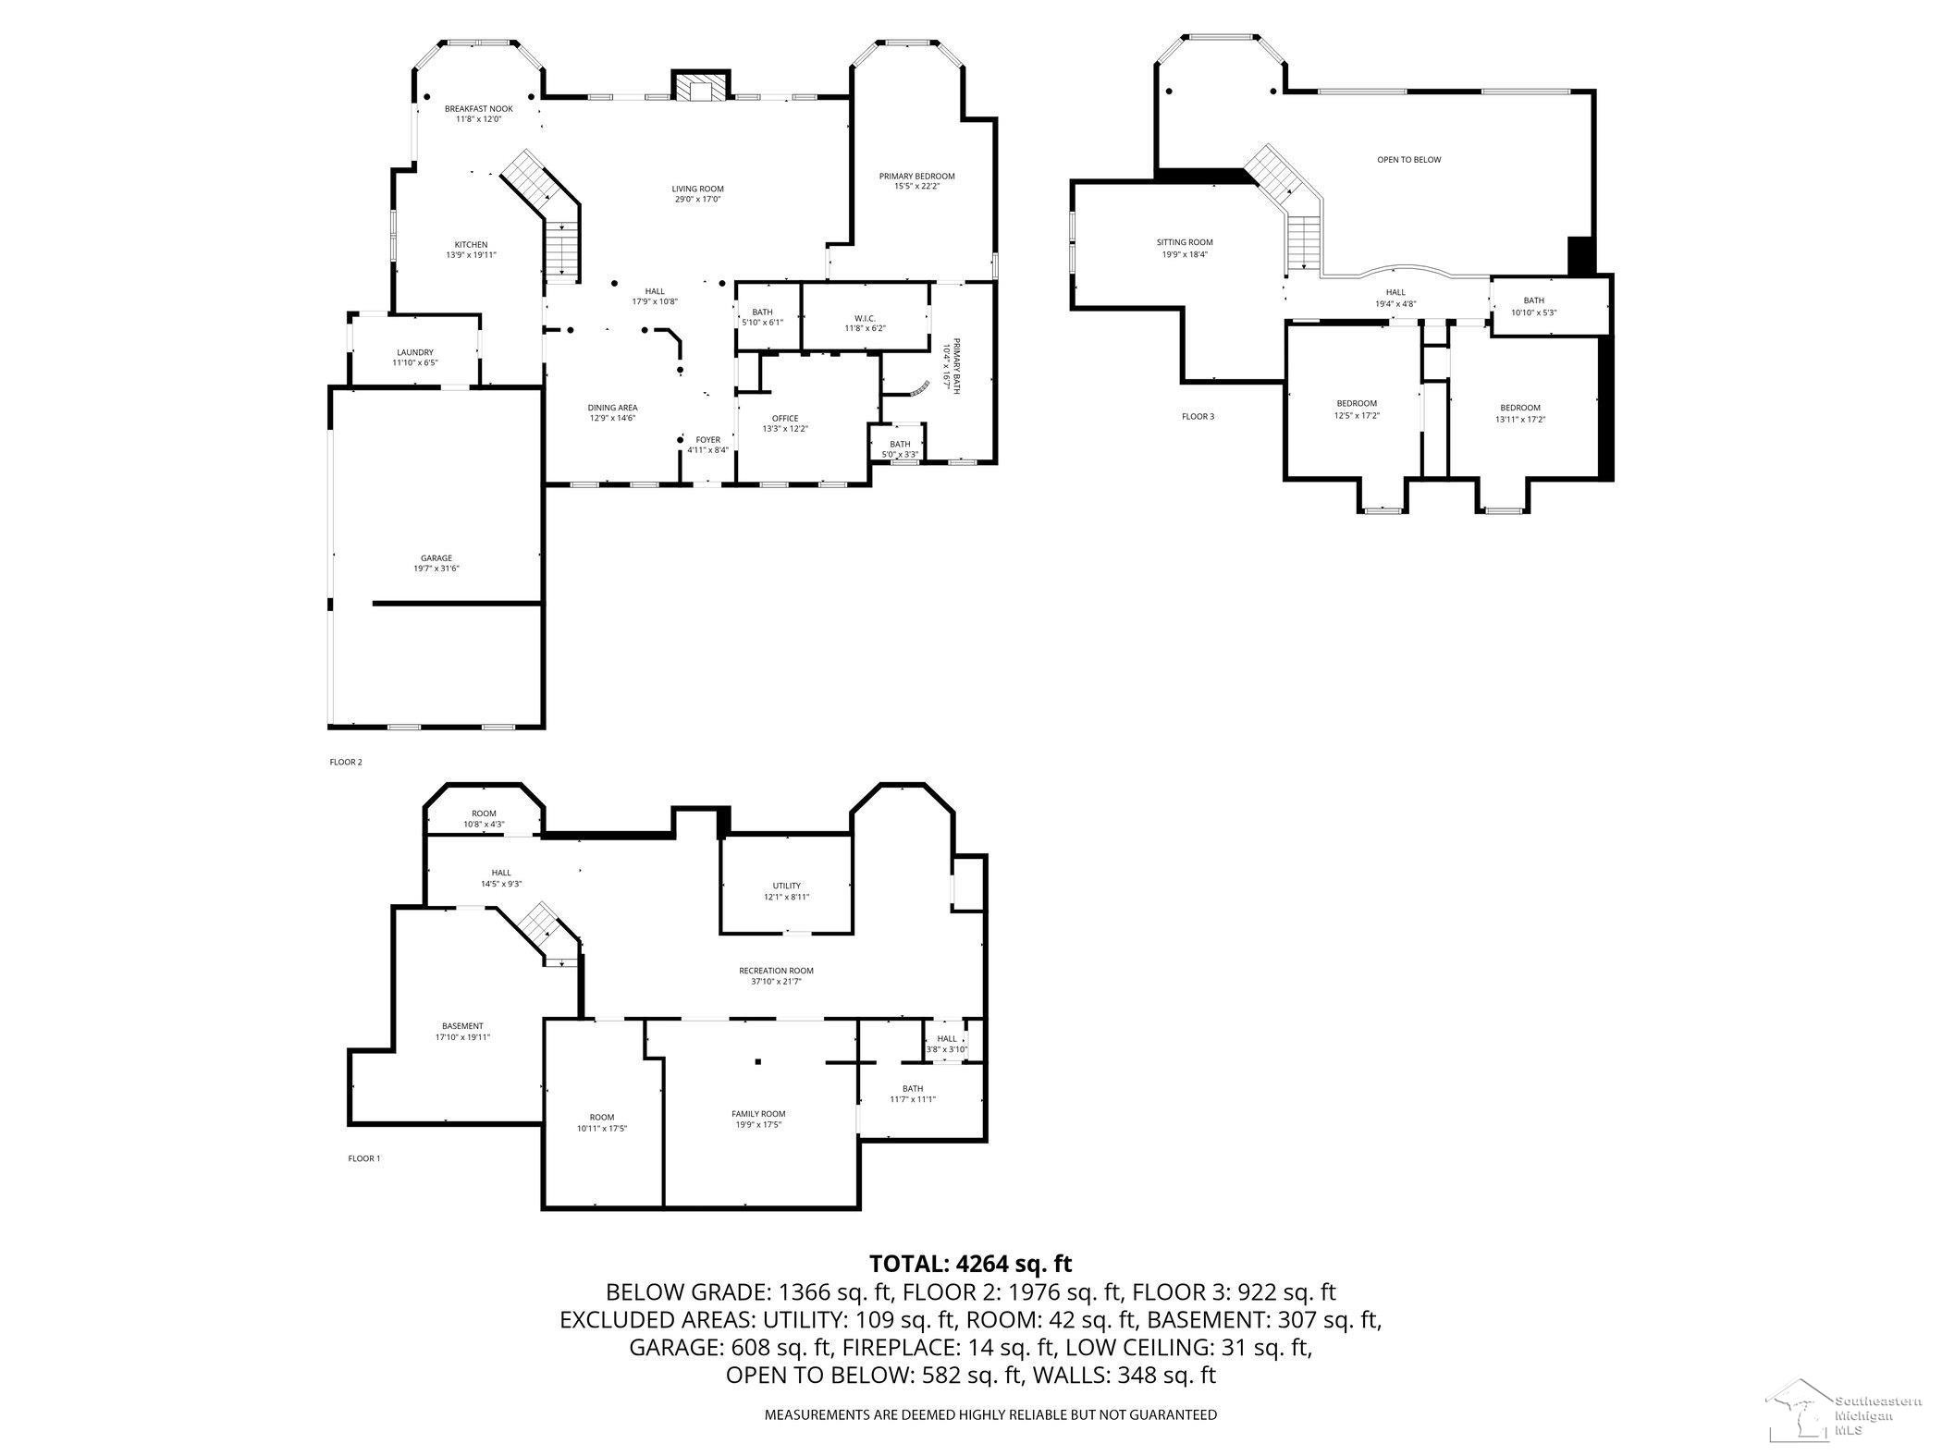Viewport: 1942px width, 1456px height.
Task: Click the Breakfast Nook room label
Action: pyautogui.click(x=478, y=109)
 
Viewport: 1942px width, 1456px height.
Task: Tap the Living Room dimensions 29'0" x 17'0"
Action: pyautogui.click(x=697, y=199)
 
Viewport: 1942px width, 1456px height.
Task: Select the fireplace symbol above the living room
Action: pyautogui.click(x=696, y=87)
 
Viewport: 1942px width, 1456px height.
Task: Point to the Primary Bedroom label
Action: pyautogui.click(x=916, y=176)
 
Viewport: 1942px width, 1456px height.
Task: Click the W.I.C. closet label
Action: pyautogui.click(x=865, y=318)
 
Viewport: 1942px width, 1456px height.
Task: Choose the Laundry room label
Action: pyautogui.click(x=415, y=352)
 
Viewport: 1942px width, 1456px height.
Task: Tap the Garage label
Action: pyautogui.click(x=436, y=558)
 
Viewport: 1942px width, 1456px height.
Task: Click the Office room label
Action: pyautogui.click(x=785, y=419)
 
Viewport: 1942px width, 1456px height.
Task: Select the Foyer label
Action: pyautogui.click(x=708, y=440)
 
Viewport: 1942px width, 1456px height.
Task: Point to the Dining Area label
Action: pyautogui.click(x=612, y=408)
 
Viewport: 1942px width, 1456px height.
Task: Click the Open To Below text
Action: pyautogui.click(x=1408, y=160)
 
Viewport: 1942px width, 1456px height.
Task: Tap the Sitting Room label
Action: pyautogui.click(x=1185, y=243)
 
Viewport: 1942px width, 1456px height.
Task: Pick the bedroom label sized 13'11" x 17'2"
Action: pyautogui.click(x=1520, y=408)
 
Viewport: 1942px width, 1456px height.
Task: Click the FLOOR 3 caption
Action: pyautogui.click(x=1198, y=417)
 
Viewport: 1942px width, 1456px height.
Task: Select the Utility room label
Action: pyautogui.click(x=787, y=886)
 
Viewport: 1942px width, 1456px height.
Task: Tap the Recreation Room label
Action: pyautogui.click(x=776, y=971)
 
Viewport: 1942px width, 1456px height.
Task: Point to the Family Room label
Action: pyautogui.click(x=758, y=1114)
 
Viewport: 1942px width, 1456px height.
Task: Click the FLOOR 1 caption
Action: pyautogui.click(x=363, y=1158)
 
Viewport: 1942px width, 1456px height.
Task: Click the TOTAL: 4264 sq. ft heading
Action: pyautogui.click(x=970, y=1263)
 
